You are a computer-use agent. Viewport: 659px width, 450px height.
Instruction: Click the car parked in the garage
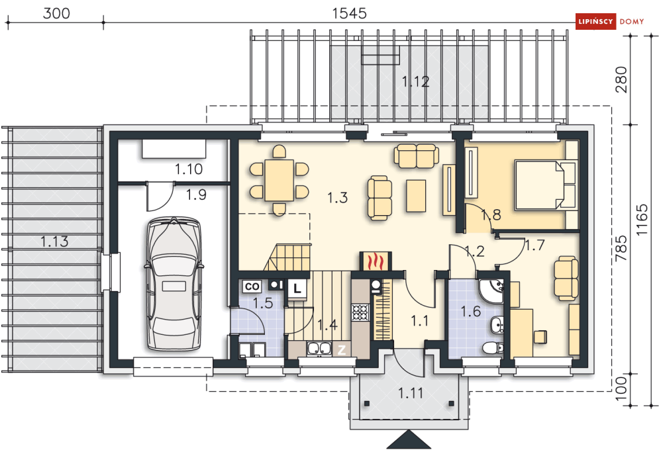pyautogui.click(x=173, y=283)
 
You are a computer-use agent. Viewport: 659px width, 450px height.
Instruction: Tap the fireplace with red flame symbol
pyautogui.click(x=376, y=261)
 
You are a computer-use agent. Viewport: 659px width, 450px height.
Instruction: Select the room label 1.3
pyautogui.click(x=338, y=197)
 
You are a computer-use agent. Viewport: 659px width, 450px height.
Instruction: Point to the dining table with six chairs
pyautogui.click(x=279, y=180)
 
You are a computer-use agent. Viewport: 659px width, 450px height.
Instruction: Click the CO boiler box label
pyautogui.click(x=252, y=287)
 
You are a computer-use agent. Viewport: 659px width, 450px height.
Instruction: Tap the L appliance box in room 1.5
pyautogui.click(x=297, y=289)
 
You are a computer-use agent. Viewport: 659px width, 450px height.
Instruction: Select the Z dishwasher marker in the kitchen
pyautogui.click(x=342, y=349)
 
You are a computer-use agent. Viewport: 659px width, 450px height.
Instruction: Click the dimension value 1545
pyautogui.click(x=349, y=13)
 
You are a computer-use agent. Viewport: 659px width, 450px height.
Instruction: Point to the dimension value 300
pyautogui.click(x=56, y=13)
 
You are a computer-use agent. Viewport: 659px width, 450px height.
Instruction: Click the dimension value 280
pyautogui.click(x=621, y=79)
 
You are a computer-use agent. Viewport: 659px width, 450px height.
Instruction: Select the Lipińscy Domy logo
pyautogui.click(x=610, y=21)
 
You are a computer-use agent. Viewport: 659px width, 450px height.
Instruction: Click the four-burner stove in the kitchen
pyautogui.click(x=360, y=312)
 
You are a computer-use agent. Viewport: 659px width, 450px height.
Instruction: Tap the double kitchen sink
pyautogui.click(x=319, y=348)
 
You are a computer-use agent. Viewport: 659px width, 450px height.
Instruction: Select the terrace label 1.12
pyautogui.click(x=415, y=81)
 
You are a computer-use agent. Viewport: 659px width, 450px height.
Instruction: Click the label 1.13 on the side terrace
pyautogui.click(x=54, y=242)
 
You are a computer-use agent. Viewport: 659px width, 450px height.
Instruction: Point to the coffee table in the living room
pyautogui.click(x=416, y=196)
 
